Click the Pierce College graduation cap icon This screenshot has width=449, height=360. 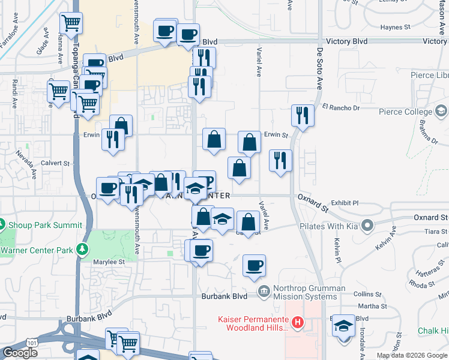click(x=442, y=112)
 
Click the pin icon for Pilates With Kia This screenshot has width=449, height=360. click(x=367, y=227)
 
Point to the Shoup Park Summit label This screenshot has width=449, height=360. click(x=46, y=225)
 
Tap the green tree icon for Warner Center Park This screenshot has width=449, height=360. click(x=82, y=250)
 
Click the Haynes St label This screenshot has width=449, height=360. click(x=394, y=27)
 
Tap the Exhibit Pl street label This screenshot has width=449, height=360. click(x=345, y=203)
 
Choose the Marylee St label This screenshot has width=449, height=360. click(x=109, y=262)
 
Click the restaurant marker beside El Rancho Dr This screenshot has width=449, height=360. click(x=301, y=115)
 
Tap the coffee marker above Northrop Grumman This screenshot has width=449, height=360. click(x=255, y=265)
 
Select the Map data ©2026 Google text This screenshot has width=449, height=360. click(x=412, y=355)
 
